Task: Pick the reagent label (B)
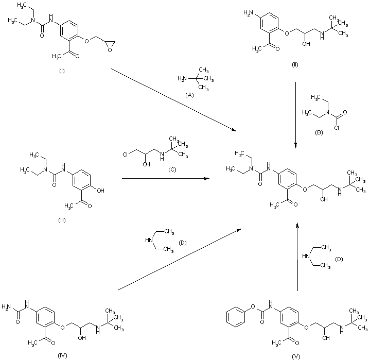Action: (320, 133)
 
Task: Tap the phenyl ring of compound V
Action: (237, 313)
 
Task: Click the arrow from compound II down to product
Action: (295, 113)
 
